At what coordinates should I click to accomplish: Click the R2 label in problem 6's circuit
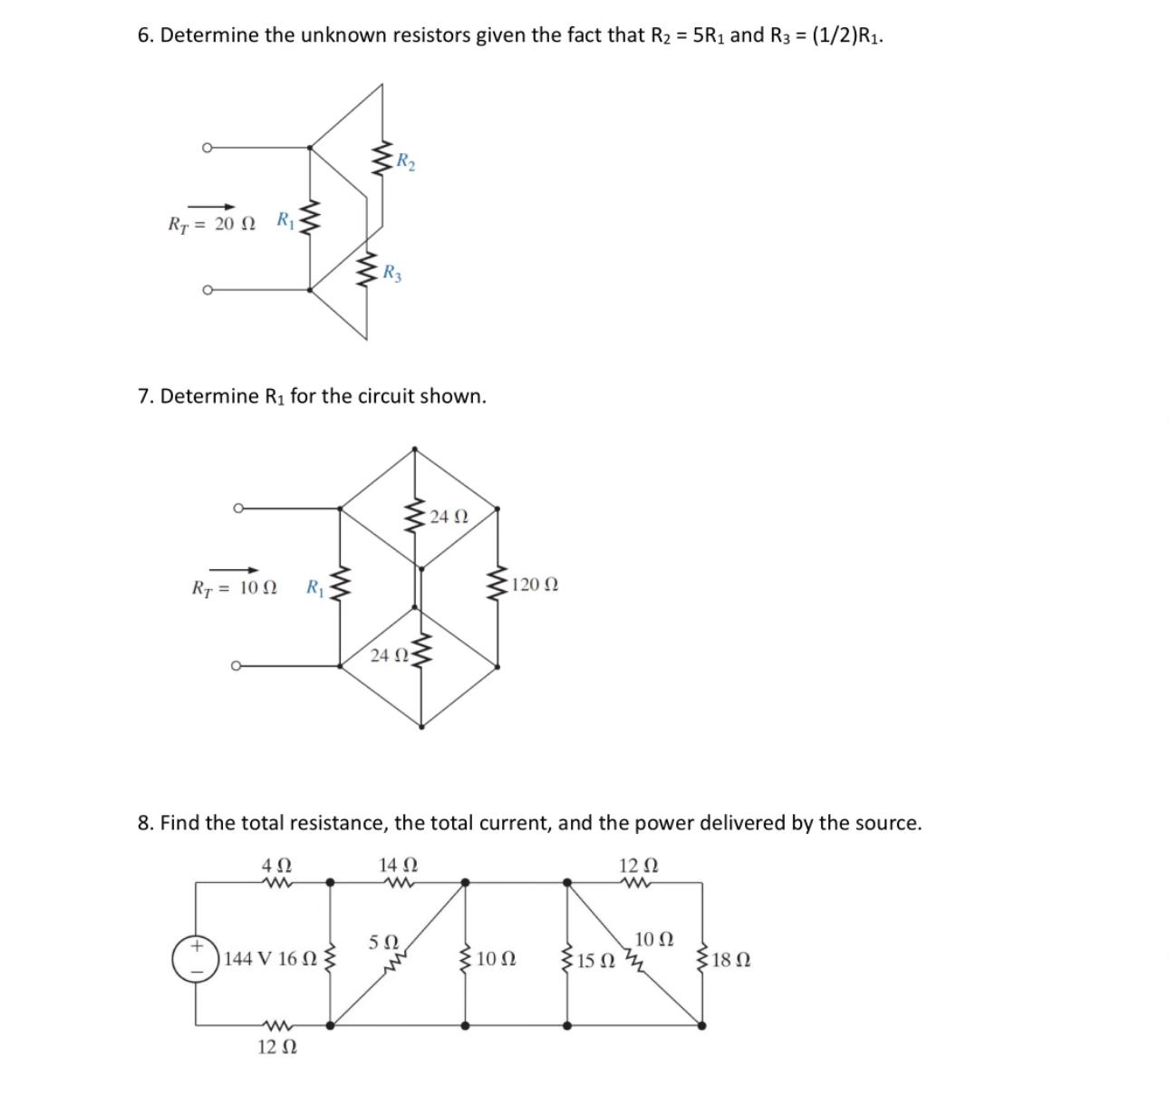[x=407, y=163]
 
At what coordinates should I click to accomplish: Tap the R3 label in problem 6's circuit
[x=392, y=272]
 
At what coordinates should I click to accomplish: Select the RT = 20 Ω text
[x=213, y=224]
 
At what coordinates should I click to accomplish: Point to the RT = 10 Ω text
[x=235, y=587]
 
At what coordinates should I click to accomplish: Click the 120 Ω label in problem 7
[x=535, y=585]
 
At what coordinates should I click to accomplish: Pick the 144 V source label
[x=250, y=959]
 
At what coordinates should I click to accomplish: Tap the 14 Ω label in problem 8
[x=398, y=865]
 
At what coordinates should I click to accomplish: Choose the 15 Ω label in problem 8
[x=596, y=961]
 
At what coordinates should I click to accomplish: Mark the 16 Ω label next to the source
[x=298, y=959]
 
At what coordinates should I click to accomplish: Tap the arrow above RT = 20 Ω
[x=211, y=206]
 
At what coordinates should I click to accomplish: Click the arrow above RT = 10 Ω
[x=235, y=569]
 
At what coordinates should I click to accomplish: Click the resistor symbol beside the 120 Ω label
[x=497, y=585]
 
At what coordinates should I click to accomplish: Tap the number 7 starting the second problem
[x=143, y=396]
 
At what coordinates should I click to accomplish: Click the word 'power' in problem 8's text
[x=663, y=823]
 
